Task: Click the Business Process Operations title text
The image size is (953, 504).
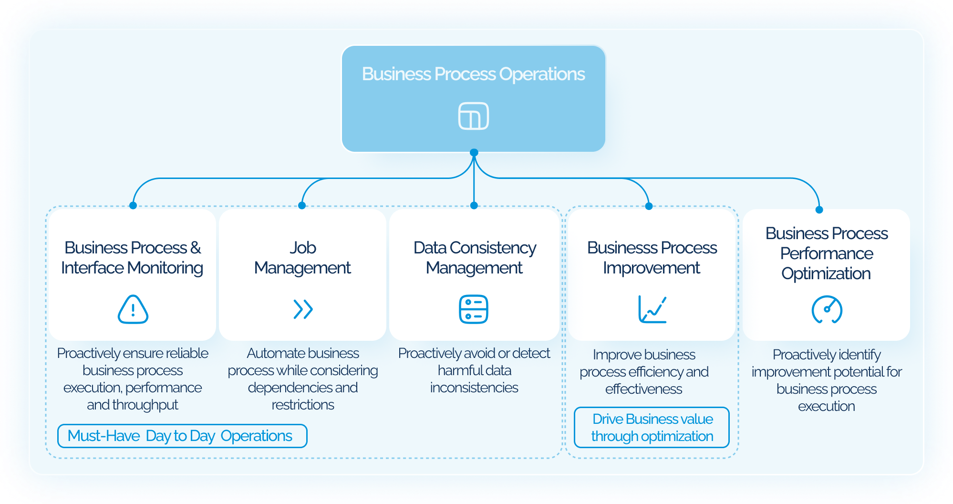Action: pos(473,74)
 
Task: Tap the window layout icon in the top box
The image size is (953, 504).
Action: pos(473,116)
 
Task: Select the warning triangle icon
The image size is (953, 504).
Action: pos(133,309)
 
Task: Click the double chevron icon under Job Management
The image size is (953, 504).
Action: pos(303,309)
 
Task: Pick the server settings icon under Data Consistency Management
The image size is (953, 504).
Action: pos(473,309)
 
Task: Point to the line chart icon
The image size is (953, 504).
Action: pos(652,309)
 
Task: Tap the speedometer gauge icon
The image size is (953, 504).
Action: pos(827,309)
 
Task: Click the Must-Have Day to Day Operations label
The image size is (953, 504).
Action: pos(182,436)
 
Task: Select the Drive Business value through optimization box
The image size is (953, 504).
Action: pos(652,427)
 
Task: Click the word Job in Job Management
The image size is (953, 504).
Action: pos(302,248)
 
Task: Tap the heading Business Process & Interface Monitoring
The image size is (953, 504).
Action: pos(132,258)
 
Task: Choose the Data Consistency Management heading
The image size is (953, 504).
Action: pos(474,258)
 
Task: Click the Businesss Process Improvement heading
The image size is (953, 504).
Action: pos(652,258)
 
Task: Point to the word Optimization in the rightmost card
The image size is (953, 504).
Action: pos(826,273)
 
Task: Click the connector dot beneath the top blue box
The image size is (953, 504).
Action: pos(474,153)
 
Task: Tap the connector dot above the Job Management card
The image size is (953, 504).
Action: pos(301,205)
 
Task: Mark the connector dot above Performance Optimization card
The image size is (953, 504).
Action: pos(819,210)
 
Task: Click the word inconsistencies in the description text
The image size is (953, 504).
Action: pos(474,388)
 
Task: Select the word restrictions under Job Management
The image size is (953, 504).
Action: pos(303,405)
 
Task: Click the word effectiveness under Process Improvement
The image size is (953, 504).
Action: pos(643,389)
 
